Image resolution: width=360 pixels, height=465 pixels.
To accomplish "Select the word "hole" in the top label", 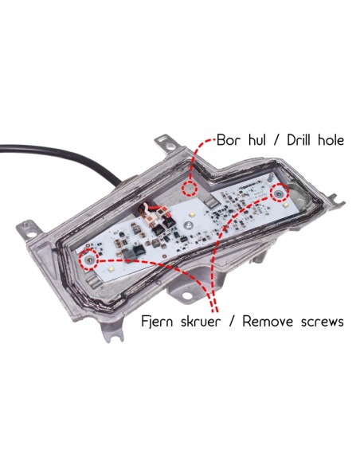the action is [331, 140].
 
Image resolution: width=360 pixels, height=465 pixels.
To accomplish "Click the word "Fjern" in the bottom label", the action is [157, 322].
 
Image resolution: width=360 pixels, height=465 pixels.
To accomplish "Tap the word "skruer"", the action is [201, 322].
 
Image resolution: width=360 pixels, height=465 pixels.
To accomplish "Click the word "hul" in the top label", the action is [256, 140].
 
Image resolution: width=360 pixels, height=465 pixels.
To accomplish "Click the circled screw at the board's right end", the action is [280, 193].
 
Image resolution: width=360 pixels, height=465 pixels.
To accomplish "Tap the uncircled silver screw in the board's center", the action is [187, 225].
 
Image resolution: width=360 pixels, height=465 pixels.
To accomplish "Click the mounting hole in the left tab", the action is [30, 233].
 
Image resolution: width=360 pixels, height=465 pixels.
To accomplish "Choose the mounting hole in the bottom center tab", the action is [186, 295].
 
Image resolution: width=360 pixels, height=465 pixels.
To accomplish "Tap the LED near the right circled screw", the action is [285, 205].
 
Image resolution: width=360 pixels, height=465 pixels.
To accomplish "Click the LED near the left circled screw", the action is [112, 270].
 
